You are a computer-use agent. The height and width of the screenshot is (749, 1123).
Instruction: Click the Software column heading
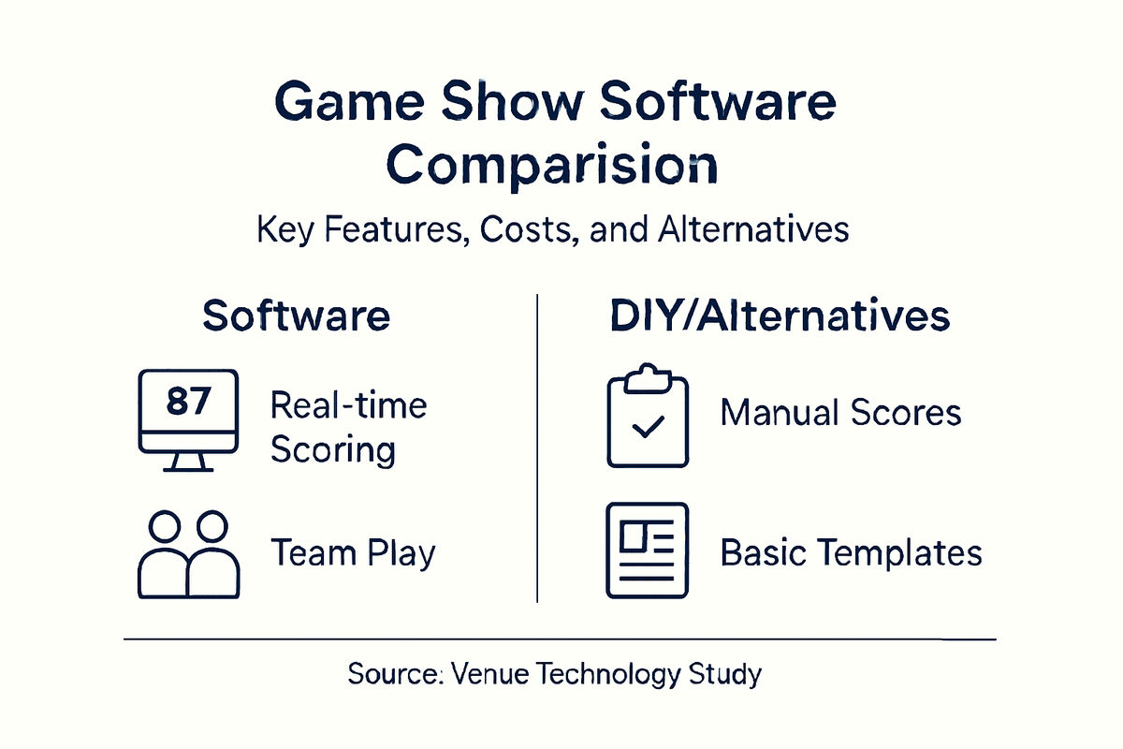pyautogui.click(x=296, y=316)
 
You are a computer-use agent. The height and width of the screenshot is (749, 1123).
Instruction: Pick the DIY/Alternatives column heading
pyautogui.click(x=780, y=316)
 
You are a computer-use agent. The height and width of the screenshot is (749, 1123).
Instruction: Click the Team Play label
pyautogui.click(x=353, y=552)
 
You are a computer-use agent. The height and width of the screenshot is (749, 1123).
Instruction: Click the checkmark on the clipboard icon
pyautogui.click(x=648, y=429)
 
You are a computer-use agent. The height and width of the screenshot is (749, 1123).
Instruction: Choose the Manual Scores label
pyautogui.click(x=840, y=412)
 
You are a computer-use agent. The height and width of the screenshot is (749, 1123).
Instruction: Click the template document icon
pyautogui.click(x=648, y=551)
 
